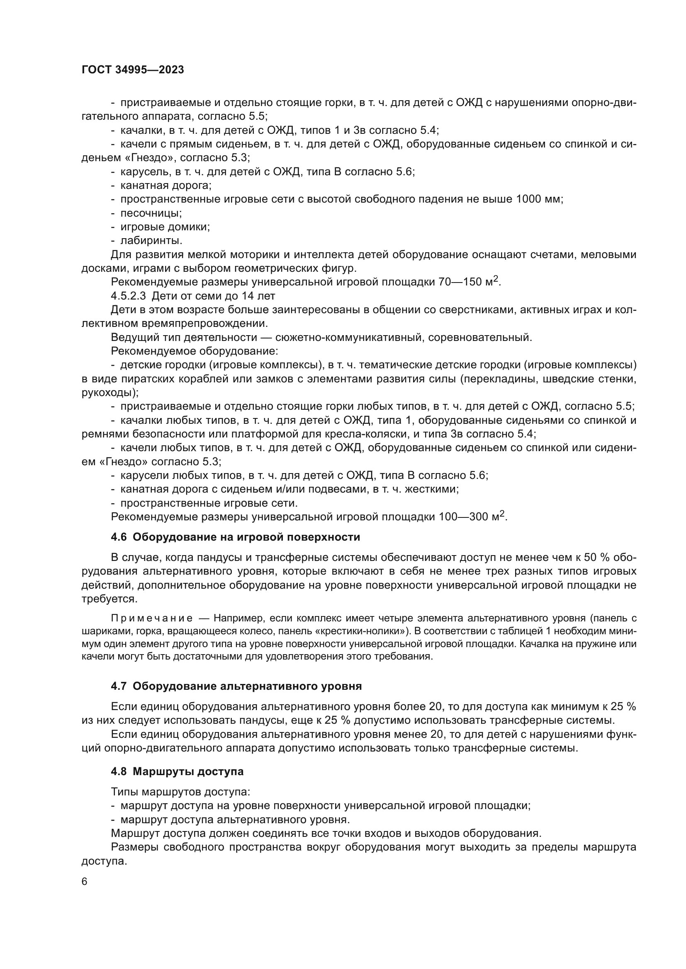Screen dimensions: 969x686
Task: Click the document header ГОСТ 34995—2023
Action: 133,70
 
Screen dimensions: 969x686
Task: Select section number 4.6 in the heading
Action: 119,537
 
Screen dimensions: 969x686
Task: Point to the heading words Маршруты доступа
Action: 188,771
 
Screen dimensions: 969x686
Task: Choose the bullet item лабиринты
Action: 151,241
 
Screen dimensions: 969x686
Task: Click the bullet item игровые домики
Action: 165,227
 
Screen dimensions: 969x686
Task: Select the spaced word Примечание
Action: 152,619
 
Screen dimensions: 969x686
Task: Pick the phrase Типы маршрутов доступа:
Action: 181,792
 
